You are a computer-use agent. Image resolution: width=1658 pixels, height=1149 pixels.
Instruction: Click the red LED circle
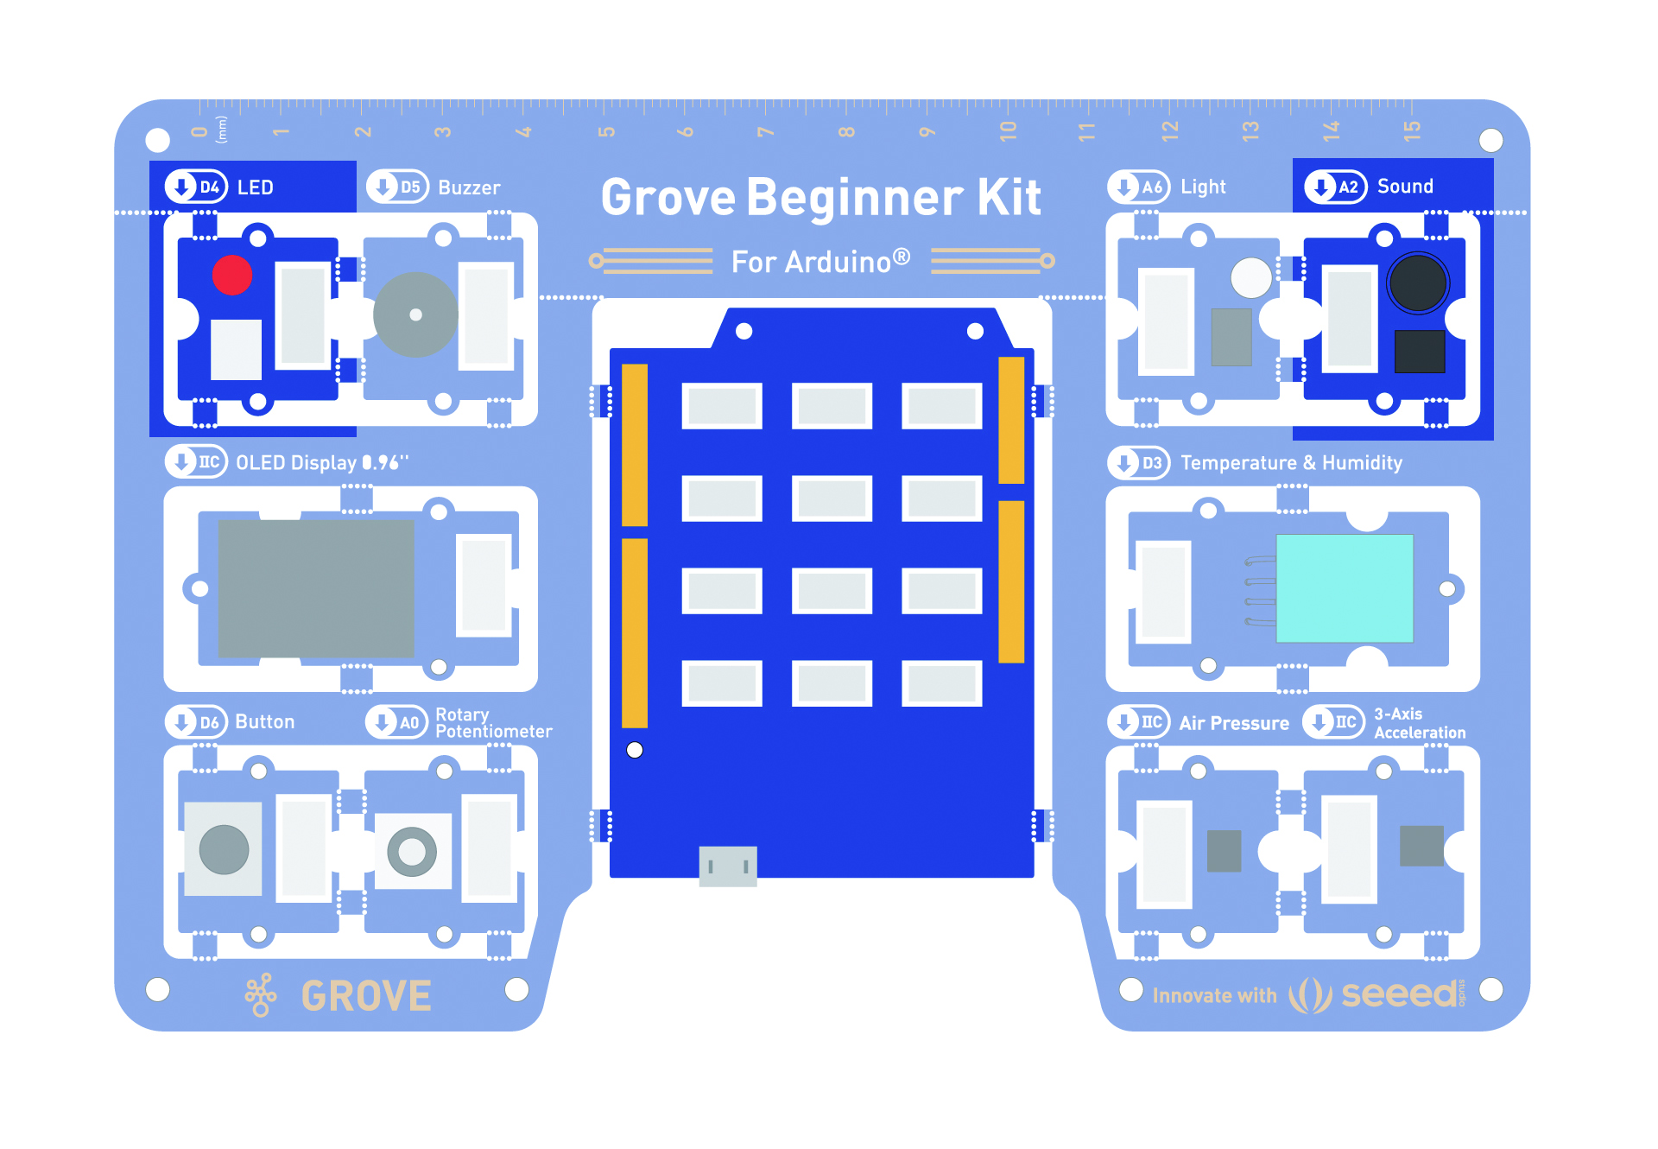click(x=232, y=276)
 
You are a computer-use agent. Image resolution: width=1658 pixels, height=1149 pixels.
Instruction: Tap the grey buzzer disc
click(x=415, y=315)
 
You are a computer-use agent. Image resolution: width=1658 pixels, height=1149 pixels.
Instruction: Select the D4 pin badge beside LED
click(x=197, y=187)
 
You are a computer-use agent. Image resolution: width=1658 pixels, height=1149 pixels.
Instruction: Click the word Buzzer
click(x=469, y=187)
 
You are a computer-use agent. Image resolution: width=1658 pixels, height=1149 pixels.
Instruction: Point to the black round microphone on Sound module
click(x=1417, y=283)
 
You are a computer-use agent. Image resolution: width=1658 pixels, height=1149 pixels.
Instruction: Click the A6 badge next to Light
click(x=1139, y=187)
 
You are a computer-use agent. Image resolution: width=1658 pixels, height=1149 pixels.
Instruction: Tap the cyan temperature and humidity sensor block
click(x=1345, y=588)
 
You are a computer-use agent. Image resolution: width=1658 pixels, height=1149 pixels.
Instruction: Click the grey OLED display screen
click(x=316, y=588)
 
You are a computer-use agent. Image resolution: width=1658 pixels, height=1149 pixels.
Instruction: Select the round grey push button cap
click(x=224, y=849)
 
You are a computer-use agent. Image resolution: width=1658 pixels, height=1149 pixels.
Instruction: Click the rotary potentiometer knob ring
click(x=412, y=852)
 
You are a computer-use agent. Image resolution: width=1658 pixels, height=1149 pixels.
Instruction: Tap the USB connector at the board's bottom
click(x=728, y=866)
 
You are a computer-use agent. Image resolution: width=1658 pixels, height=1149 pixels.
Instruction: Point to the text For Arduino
click(x=820, y=262)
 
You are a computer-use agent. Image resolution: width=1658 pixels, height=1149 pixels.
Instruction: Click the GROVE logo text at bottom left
click(x=366, y=996)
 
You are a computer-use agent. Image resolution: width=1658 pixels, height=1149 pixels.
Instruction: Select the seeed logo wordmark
click(x=1399, y=994)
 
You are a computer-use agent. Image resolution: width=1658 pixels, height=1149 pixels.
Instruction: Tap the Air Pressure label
click(x=1234, y=723)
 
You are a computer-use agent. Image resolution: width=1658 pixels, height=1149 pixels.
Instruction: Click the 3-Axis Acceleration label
click(x=1419, y=723)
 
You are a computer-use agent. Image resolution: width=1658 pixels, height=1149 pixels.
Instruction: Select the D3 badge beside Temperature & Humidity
click(x=1139, y=462)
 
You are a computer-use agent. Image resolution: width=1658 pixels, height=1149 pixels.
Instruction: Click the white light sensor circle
click(x=1250, y=278)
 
